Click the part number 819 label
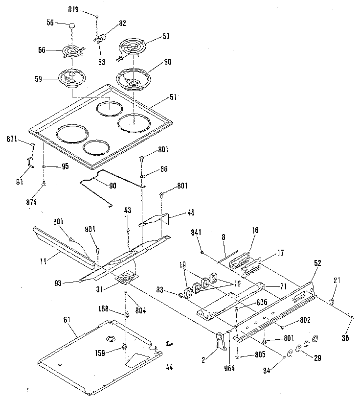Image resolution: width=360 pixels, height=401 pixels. coord(79,10)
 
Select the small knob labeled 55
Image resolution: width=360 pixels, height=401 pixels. coord(72,24)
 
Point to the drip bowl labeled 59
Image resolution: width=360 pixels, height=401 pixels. coord(71,78)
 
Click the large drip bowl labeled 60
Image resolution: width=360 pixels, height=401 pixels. coord(133,78)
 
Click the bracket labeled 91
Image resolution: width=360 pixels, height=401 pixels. coord(30,162)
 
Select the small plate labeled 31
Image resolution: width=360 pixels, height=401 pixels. coord(126,278)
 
